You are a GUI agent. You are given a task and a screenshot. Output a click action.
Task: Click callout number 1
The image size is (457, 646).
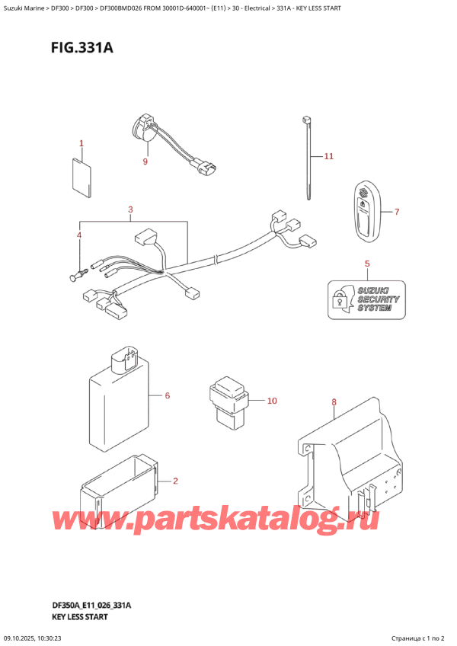(81, 143)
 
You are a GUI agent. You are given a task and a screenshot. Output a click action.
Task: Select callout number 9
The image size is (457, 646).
(145, 161)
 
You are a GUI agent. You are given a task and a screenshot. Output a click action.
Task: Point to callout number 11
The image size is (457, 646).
(328, 157)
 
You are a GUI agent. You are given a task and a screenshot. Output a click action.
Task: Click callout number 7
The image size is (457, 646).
(396, 212)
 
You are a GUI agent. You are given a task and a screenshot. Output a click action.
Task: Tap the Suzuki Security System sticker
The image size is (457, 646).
(366, 299)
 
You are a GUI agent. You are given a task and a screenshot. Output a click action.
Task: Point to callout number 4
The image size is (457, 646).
(78, 235)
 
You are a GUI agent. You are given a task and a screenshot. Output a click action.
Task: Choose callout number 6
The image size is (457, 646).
(167, 396)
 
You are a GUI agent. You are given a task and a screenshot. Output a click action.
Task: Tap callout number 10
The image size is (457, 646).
(273, 401)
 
